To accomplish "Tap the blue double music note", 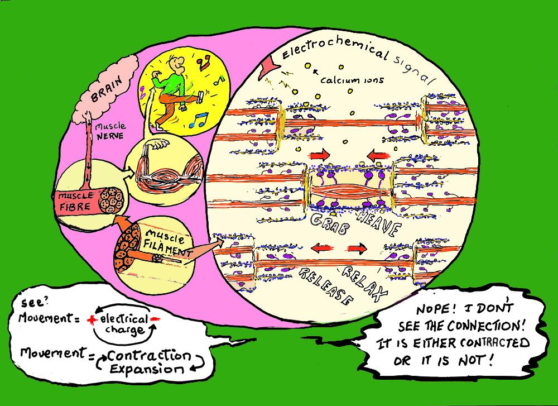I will (198, 119).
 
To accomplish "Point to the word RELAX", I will (365, 281).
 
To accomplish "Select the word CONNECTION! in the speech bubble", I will (489, 326).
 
